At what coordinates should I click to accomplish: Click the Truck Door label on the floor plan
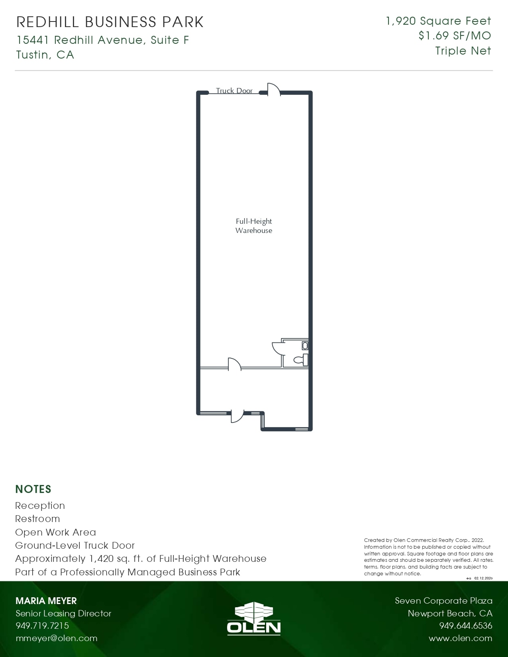point(234,91)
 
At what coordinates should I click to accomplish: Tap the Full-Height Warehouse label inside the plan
point(254,226)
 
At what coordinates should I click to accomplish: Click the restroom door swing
point(277,348)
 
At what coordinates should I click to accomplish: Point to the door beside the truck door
point(273,89)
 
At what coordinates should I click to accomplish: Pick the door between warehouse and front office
point(235,364)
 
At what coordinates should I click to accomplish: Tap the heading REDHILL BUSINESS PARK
point(110,22)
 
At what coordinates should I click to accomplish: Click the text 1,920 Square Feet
point(438,21)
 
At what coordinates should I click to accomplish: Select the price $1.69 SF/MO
point(455,36)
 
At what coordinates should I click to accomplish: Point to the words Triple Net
point(463,51)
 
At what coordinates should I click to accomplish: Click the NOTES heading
point(33,489)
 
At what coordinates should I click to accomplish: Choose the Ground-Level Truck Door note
point(75,546)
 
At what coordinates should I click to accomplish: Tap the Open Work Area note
point(55,532)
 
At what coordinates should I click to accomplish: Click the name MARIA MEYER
point(46,601)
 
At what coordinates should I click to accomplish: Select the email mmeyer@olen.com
point(57,638)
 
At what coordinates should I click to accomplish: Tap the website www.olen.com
point(460,638)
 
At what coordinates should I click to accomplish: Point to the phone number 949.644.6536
point(466,626)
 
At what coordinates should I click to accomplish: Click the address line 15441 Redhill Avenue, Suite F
point(103,40)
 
